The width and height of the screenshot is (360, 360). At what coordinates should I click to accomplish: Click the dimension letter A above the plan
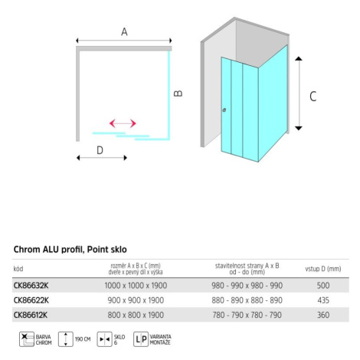[x=124, y=31]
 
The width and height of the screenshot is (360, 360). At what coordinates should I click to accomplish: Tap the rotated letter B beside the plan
[x=178, y=93]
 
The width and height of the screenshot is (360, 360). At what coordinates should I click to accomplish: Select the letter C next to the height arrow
[x=313, y=97]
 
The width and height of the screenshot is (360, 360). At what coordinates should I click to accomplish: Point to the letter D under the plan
[x=100, y=150]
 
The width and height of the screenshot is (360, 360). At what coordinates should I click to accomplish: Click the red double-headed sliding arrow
[x=123, y=123]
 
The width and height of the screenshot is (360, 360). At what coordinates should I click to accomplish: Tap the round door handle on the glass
[x=224, y=110]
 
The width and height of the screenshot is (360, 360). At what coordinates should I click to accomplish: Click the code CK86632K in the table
[x=31, y=285]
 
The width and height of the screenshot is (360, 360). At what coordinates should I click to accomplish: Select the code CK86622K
[x=31, y=300]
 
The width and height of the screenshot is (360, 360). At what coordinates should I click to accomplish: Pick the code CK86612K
[x=31, y=315]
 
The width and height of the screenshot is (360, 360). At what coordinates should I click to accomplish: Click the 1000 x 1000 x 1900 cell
[x=136, y=285]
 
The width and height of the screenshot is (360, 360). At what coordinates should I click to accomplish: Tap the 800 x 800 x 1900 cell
[x=136, y=315]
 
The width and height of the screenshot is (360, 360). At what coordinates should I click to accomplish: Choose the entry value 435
[x=323, y=300]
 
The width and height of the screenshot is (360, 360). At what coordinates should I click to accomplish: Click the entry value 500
[x=323, y=285]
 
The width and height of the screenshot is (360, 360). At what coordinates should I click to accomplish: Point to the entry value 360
[x=323, y=315]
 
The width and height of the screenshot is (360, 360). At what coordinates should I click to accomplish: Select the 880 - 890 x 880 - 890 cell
[x=247, y=300]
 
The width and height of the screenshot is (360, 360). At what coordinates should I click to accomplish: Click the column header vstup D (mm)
[x=323, y=269]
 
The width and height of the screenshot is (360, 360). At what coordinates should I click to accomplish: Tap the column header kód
[x=18, y=269]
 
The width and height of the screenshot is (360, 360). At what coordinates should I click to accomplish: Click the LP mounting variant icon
[x=141, y=339]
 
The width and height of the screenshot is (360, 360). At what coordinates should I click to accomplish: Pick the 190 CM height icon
[x=66, y=339]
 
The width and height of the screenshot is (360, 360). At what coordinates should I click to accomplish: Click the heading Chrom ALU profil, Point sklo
[x=70, y=250]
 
